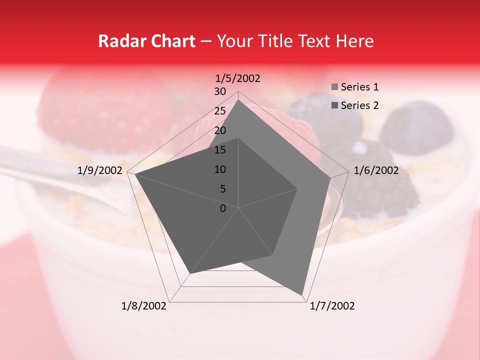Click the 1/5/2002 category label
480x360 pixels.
coord(237,78)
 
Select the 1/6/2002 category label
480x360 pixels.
coord(376,170)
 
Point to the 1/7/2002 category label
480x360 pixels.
coord(332,306)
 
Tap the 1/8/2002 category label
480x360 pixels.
coord(144,306)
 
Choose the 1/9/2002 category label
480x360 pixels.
coord(100,170)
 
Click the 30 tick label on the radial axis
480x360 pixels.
coord(220,91)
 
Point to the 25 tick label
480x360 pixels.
coord(220,111)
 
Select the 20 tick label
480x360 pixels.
coord(220,130)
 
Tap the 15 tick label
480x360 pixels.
coord(220,150)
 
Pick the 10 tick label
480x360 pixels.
coord(220,169)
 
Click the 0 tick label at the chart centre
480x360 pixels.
coord(223,208)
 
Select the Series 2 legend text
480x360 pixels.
coord(359,105)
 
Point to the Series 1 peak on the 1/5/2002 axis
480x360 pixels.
coord(238,100)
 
